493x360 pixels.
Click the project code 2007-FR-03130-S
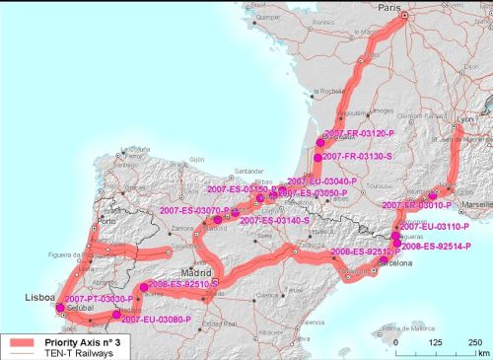tap(358, 156)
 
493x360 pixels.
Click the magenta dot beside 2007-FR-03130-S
tap(317, 157)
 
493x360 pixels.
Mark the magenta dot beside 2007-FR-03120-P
tap(320, 143)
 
